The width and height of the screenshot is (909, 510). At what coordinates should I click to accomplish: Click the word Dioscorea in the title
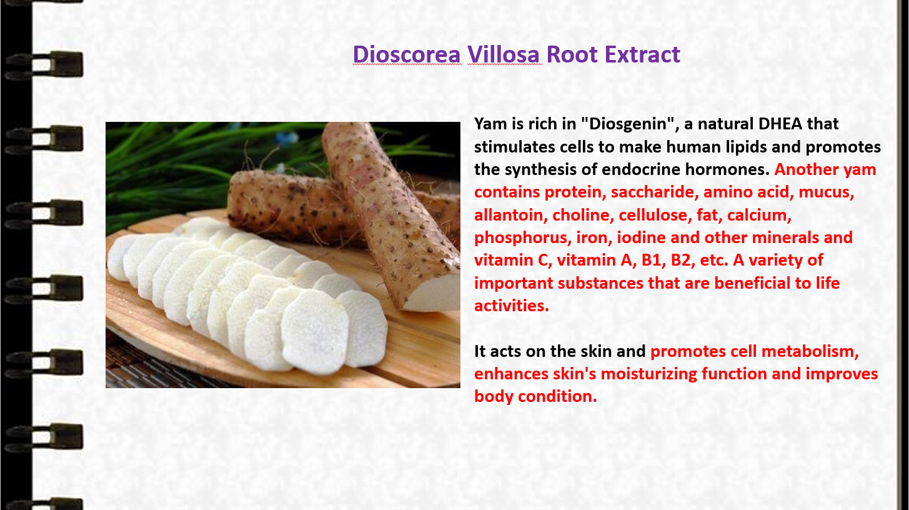pos(407,54)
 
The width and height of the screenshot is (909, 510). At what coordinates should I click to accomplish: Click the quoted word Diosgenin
pos(629,124)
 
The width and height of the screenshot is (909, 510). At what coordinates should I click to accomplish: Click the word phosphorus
pos(520,238)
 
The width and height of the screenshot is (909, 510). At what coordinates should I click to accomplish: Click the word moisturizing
pos(649,374)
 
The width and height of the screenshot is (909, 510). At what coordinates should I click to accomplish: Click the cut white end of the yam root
pos(434,293)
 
